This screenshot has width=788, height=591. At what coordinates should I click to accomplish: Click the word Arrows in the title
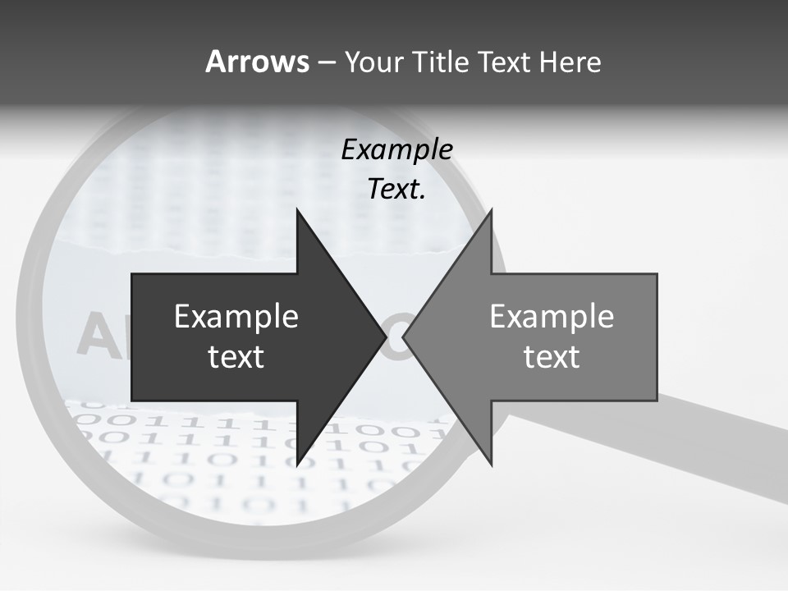[257, 62]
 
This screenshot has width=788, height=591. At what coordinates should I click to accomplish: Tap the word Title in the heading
[442, 62]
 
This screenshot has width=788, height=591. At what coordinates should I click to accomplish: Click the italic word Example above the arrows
[396, 149]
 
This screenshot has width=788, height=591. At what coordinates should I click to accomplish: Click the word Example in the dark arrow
[236, 317]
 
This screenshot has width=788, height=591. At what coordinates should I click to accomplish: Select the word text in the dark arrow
[236, 357]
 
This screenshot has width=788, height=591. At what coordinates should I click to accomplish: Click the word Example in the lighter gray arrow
[552, 317]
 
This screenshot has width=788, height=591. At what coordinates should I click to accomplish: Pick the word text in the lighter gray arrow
[552, 357]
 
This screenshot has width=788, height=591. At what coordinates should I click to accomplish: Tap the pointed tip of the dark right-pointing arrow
[385, 337]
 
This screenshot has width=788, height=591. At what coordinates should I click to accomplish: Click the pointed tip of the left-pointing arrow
[404, 337]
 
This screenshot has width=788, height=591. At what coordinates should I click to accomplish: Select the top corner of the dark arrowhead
[297, 211]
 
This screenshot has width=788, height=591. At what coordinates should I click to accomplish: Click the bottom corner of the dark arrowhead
[297, 464]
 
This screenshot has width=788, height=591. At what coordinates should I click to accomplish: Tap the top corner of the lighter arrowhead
[491, 211]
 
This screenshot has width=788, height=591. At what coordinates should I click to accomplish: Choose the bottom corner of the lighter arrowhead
[491, 464]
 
